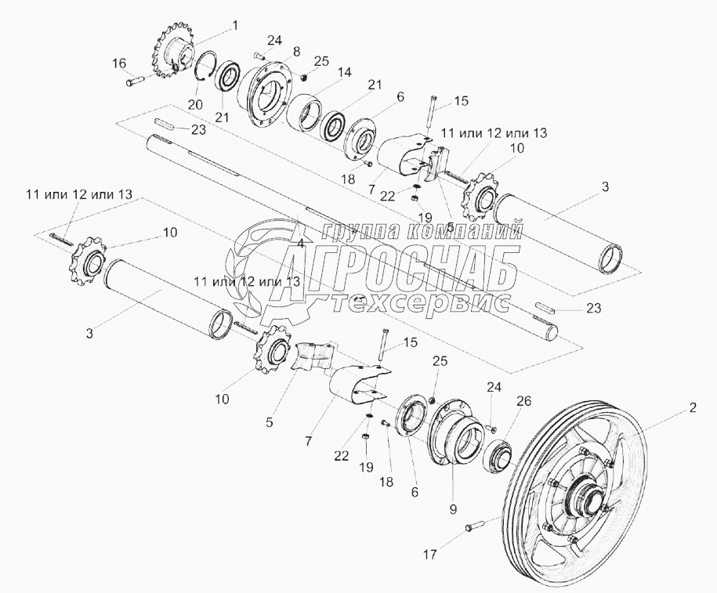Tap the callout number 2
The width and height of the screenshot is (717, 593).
692,407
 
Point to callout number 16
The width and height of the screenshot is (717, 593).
118,63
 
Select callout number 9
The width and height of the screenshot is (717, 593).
453,507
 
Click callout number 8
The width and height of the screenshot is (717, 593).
296,51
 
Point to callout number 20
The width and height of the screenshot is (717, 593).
195,104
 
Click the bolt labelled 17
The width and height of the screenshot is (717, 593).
475,526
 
